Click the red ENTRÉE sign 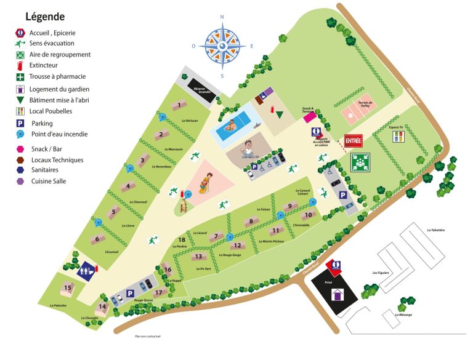tap(354, 141)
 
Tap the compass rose tap(223, 46)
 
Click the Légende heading tap(45, 17)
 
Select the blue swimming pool tap(233, 124)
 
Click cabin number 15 tap(67, 287)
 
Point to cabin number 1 tap(179, 105)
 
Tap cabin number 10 tap(309, 215)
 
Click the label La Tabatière tap(435, 230)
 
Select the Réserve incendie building tap(200, 86)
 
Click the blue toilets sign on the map tap(86, 268)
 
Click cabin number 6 tap(97, 239)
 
